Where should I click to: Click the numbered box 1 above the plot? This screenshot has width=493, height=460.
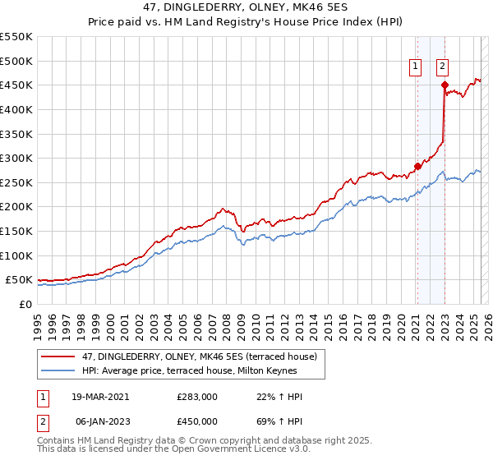pyautogui.click(x=416, y=67)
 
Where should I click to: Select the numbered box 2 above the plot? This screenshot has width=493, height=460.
pyautogui.click(x=442, y=67)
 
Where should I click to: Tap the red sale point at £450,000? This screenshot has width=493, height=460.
pyautogui.click(x=445, y=85)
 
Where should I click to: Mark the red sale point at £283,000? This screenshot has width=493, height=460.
pyautogui.click(x=417, y=166)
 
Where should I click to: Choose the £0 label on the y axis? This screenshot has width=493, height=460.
pyautogui.click(x=25, y=304)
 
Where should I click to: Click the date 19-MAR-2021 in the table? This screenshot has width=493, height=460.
pyautogui.click(x=101, y=397)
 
